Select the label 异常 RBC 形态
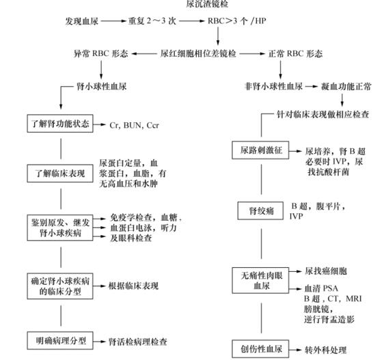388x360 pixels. click(101, 53)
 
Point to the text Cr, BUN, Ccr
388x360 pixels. click(134, 126)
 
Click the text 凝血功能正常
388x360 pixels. click(346, 87)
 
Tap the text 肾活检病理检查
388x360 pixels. click(139, 340)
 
